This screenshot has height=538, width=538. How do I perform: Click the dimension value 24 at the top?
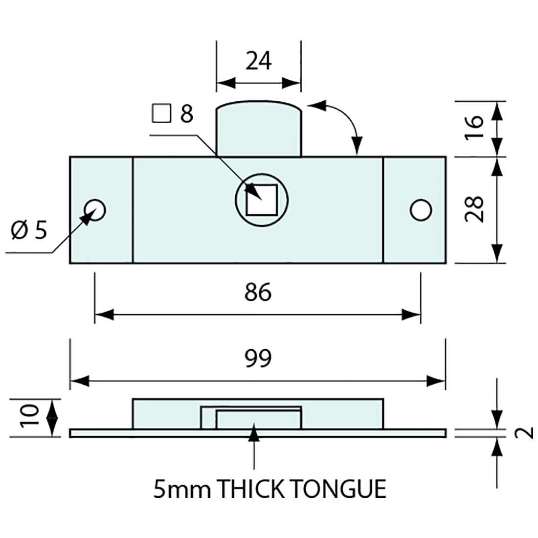click(258, 62)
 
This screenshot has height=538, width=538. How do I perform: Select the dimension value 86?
click(258, 293)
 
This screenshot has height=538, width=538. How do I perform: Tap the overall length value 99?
click(258, 359)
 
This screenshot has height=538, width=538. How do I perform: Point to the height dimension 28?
click(474, 209)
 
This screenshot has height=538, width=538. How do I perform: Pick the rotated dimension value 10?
click(31, 417)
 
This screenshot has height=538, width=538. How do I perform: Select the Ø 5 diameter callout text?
click(29, 230)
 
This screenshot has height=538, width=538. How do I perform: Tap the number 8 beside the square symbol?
click(186, 114)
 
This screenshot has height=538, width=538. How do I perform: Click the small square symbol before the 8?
click(161, 113)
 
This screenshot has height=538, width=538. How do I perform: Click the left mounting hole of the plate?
click(94, 210)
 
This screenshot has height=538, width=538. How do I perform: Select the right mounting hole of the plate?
click(421, 210)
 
